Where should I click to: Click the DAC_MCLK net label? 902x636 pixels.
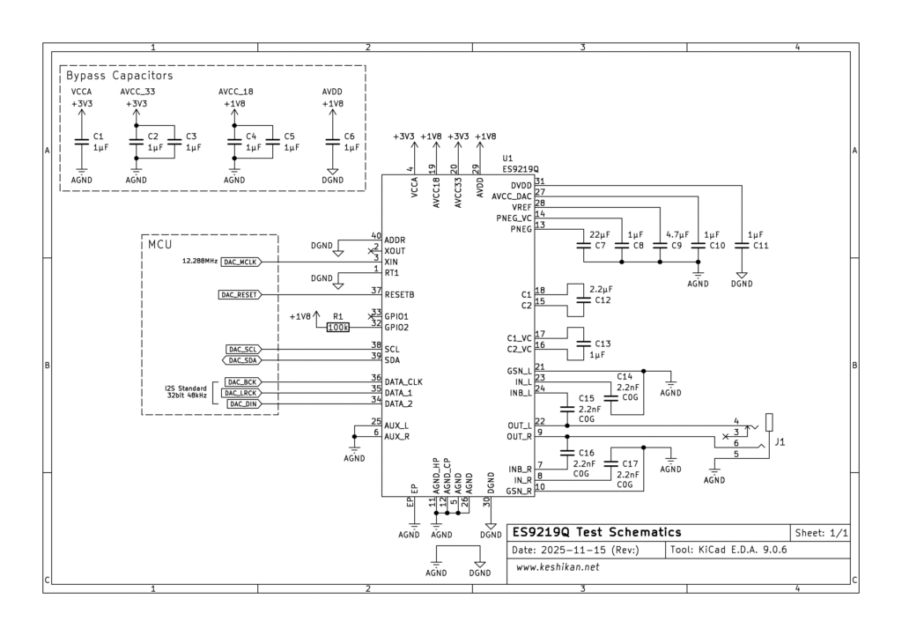tap(239, 262)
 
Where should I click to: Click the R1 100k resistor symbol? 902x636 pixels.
tap(337, 328)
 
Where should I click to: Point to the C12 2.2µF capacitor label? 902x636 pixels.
tap(602, 300)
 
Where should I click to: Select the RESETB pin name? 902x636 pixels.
tap(400, 294)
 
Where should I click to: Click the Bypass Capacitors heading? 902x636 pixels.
tap(119, 76)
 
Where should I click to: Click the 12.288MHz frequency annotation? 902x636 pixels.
tap(200, 262)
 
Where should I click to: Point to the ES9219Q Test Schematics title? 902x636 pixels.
tap(596, 532)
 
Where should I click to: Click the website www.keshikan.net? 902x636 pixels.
tap(558, 567)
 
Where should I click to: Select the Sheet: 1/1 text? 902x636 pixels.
tap(821, 533)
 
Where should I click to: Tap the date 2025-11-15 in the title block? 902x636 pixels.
tap(575, 550)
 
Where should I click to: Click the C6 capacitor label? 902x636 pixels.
tap(350, 137)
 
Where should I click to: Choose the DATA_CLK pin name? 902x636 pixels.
tap(403, 381)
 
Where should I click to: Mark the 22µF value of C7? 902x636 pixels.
tap(599, 235)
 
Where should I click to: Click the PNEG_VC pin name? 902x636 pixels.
tap(514, 218)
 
